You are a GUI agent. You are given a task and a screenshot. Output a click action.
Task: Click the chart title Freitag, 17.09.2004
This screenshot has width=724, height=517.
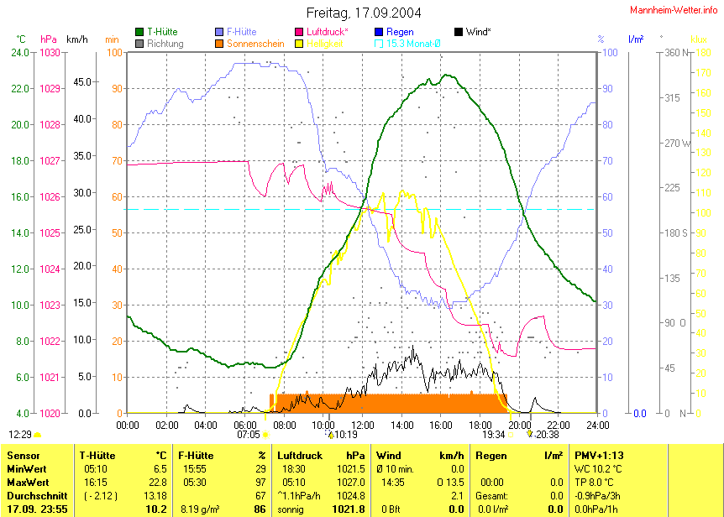click(364, 13)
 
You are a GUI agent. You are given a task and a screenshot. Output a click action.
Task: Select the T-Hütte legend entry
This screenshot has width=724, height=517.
click(161, 32)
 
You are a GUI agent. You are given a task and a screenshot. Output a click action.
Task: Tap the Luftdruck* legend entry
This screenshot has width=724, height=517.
click(324, 32)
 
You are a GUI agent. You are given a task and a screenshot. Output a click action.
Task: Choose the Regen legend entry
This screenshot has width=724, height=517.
click(399, 32)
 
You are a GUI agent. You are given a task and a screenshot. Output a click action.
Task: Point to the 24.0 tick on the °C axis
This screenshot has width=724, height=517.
click(20, 53)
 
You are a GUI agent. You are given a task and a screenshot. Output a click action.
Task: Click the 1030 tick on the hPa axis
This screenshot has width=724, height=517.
click(50, 53)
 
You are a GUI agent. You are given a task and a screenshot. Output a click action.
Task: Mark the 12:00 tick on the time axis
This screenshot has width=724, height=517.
click(363, 424)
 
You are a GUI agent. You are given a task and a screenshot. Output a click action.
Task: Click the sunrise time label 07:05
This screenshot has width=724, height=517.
click(249, 435)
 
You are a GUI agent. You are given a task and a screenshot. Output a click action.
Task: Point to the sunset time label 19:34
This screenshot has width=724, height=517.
click(493, 435)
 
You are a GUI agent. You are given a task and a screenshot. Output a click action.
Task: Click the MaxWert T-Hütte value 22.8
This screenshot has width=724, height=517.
click(156, 483)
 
